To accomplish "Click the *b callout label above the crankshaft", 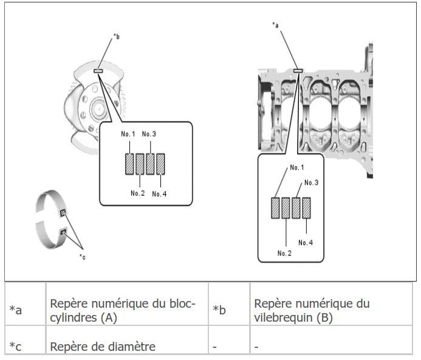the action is [x=116, y=36].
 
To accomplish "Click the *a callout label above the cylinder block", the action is [x=275, y=25].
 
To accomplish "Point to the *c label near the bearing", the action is [x=83, y=257].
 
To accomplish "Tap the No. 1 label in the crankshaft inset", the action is [x=128, y=134].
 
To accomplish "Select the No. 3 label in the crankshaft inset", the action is [x=149, y=134].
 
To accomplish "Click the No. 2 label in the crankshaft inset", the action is [x=138, y=193].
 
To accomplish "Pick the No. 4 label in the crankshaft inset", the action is [x=159, y=194].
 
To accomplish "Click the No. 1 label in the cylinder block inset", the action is [x=297, y=167].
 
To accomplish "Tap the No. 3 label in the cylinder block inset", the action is [x=312, y=182].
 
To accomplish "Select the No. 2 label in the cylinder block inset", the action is [x=284, y=253].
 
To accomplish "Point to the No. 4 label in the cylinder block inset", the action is [x=306, y=243].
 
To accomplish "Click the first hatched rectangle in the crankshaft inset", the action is [x=129, y=164].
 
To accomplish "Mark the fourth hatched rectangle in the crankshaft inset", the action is [x=160, y=164].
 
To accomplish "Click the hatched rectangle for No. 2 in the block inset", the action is [x=286, y=208].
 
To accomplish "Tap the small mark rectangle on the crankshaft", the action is [x=98, y=71].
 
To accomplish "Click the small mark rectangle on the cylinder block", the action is [x=298, y=71].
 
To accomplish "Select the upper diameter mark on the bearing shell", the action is [x=63, y=213].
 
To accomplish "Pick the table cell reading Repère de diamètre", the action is [x=127, y=340].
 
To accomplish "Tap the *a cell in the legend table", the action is [x=26, y=304].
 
